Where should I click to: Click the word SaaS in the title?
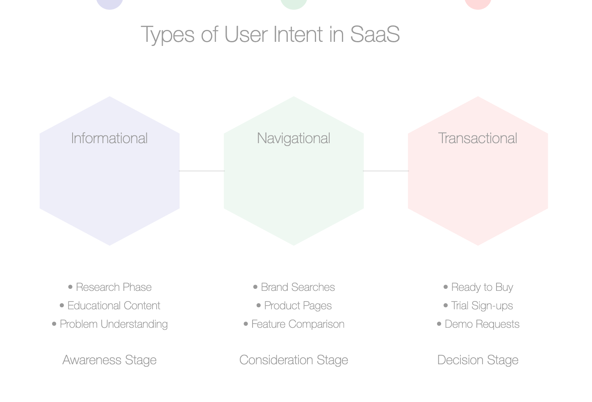(375, 34)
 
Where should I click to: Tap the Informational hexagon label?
(109, 138)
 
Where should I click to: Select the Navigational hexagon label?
(294, 139)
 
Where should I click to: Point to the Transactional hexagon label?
(478, 138)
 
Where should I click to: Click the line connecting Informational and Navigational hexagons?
(202, 171)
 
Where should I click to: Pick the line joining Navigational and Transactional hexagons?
(386, 171)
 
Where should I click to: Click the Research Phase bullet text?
(114, 287)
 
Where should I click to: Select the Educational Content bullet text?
(114, 306)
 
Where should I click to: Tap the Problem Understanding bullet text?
(114, 324)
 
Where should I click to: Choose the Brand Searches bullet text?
(298, 287)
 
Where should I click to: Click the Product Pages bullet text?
(298, 306)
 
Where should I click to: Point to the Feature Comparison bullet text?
(298, 324)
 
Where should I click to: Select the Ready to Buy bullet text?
(482, 288)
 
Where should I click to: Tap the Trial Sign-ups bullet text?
(482, 306)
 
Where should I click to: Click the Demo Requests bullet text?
(482, 324)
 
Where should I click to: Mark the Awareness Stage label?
(109, 360)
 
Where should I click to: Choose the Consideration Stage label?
(294, 360)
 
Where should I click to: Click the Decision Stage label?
(478, 360)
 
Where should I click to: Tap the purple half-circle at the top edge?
(109, 4)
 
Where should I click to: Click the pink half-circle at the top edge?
(478, 4)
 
